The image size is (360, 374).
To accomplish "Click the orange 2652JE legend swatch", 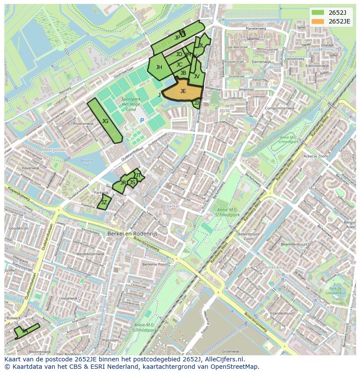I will (317, 21).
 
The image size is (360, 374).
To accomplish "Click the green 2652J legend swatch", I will (317, 13).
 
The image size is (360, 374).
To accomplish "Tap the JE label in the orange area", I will (183, 91).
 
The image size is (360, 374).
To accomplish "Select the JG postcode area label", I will (105, 121).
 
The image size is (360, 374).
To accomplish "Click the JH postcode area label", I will (159, 67).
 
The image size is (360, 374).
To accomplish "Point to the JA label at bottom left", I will (25, 331).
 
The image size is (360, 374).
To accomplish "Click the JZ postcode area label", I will (104, 202).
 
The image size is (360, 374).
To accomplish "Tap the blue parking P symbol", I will (142, 120).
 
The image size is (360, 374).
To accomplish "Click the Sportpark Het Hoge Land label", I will (129, 104).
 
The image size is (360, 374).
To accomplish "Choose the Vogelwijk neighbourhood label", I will (69, 298).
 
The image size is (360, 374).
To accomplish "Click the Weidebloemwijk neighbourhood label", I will (90, 254).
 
